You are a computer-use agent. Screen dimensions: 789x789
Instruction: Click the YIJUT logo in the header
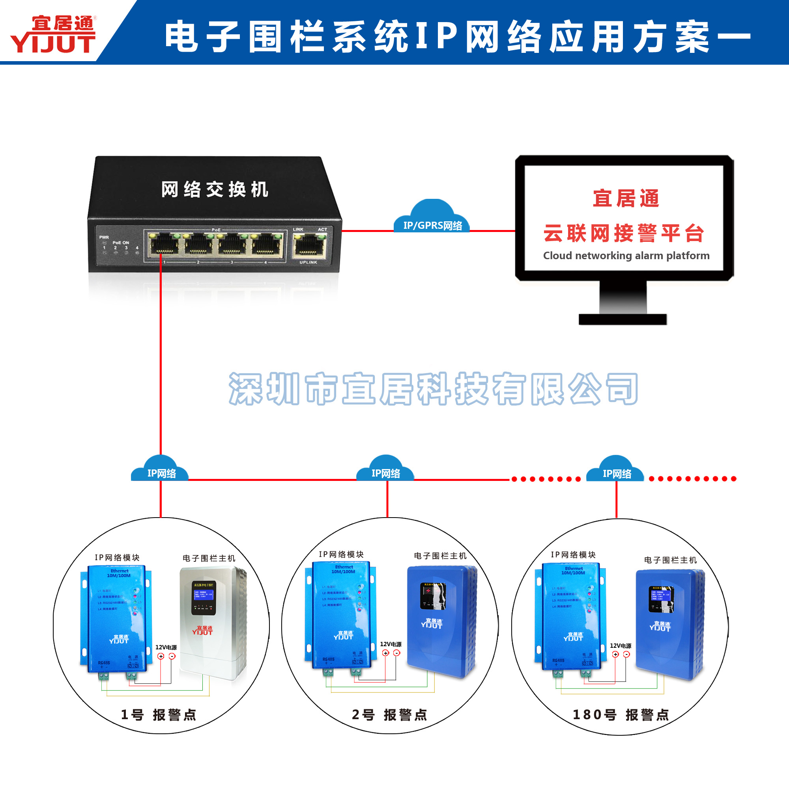pyautogui.click(x=53, y=35)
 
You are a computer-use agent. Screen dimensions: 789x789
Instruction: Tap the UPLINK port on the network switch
pyautogui.click(x=309, y=246)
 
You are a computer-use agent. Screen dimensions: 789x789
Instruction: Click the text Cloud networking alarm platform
pyautogui.click(x=626, y=256)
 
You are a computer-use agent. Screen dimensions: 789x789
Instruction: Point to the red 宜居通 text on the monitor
pyautogui.click(x=626, y=199)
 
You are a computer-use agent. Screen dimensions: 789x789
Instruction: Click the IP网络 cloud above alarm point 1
pyautogui.click(x=161, y=469)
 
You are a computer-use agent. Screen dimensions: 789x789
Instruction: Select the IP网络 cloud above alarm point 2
pyautogui.click(x=385, y=469)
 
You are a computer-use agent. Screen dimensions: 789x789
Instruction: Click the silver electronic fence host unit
pyautogui.click(x=213, y=623)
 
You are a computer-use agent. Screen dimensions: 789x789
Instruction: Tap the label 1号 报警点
pyautogui.click(x=159, y=715)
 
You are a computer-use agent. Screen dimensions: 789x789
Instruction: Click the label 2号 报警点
pyautogui.click(x=389, y=715)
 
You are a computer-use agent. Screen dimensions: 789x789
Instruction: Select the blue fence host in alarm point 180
pyautogui.click(x=670, y=625)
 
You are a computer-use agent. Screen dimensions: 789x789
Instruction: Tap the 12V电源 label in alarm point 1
pyautogui.click(x=166, y=647)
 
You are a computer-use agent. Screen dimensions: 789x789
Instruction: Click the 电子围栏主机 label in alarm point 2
pyautogui.click(x=440, y=556)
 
